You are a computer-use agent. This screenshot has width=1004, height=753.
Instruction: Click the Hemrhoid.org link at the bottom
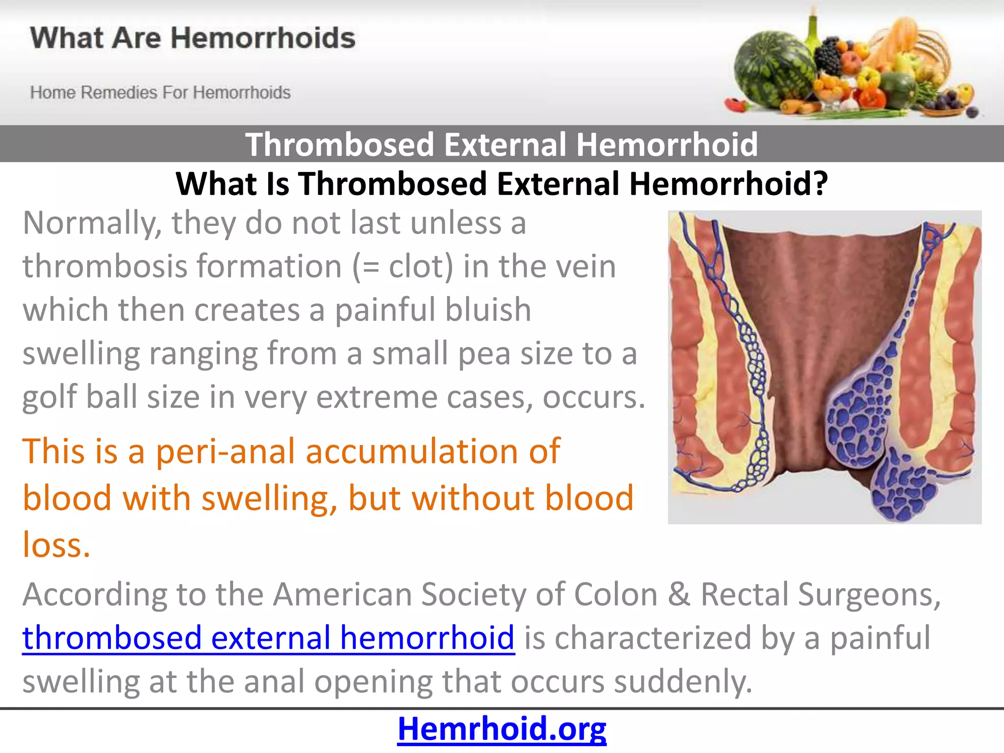click(x=502, y=728)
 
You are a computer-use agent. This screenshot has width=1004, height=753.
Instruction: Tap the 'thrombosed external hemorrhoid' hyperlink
click(x=268, y=638)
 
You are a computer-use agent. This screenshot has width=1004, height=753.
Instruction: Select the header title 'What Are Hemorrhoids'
click(x=193, y=38)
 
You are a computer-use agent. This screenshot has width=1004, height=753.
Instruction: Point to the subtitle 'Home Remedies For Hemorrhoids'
click(x=160, y=92)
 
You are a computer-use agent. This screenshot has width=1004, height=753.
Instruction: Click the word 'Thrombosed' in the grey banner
click(x=340, y=144)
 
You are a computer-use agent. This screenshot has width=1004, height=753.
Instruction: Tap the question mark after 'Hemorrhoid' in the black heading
click(x=819, y=184)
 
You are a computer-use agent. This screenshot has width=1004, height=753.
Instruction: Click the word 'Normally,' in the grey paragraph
click(x=92, y=224)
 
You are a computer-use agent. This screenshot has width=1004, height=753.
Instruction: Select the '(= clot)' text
click(x=402, y=267)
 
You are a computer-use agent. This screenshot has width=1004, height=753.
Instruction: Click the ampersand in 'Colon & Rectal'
click(x=679, y=594)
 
